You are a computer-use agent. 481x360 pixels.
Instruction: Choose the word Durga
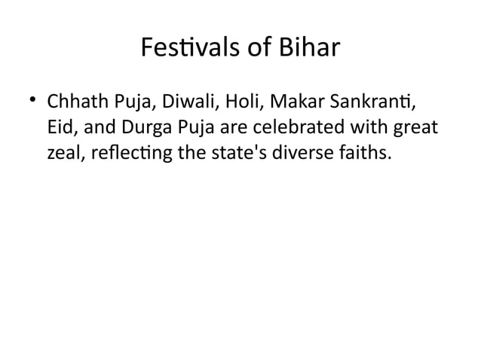(x=138, y=129)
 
